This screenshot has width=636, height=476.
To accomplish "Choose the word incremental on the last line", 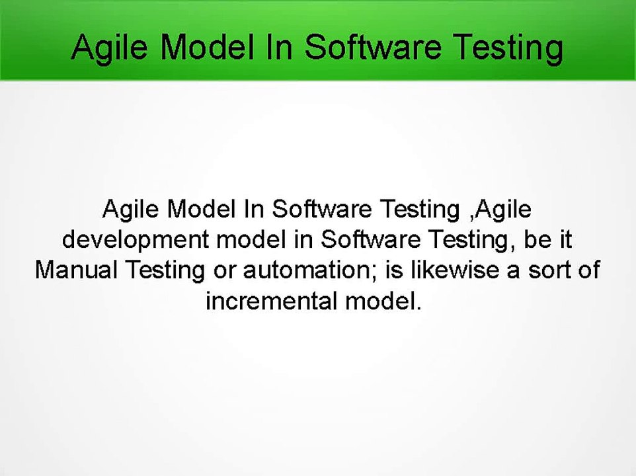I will [x=270, y=301].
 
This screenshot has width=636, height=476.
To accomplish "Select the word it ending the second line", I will [x=565, y=240].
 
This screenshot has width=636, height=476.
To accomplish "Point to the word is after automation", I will [x=397, y=270].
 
